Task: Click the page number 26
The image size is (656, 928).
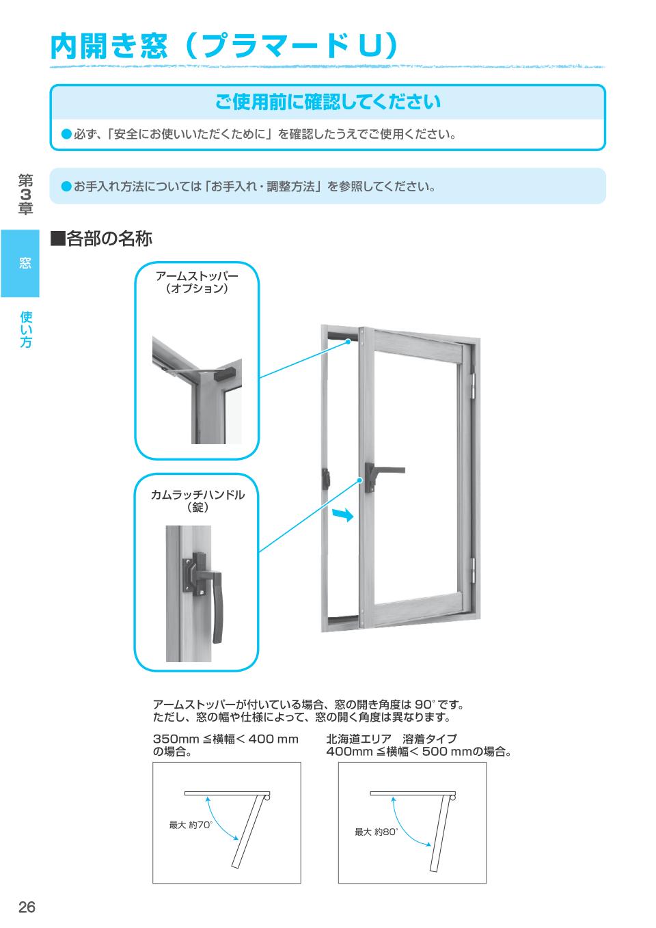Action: point(27,907)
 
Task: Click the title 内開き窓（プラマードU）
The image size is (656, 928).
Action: point(224,46)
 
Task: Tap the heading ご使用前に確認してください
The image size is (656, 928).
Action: point(327,103)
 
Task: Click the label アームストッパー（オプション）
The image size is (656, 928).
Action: point(197,282)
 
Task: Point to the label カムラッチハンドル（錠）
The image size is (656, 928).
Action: point(197,501)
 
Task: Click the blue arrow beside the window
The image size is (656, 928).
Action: point(343,515)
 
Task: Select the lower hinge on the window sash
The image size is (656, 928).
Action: point(472,567)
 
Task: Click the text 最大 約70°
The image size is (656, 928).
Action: point(191,825)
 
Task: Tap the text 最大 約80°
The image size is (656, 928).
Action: point(376,832)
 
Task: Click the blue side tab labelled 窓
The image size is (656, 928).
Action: point(20,263)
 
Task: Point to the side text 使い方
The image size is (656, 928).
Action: point(26,329)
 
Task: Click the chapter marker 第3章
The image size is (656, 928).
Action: point(26,194)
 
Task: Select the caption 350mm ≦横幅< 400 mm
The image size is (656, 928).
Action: point(225,739)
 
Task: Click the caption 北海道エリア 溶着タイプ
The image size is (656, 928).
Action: point(392,739)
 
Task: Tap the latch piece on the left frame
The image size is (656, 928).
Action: point(326,477)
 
